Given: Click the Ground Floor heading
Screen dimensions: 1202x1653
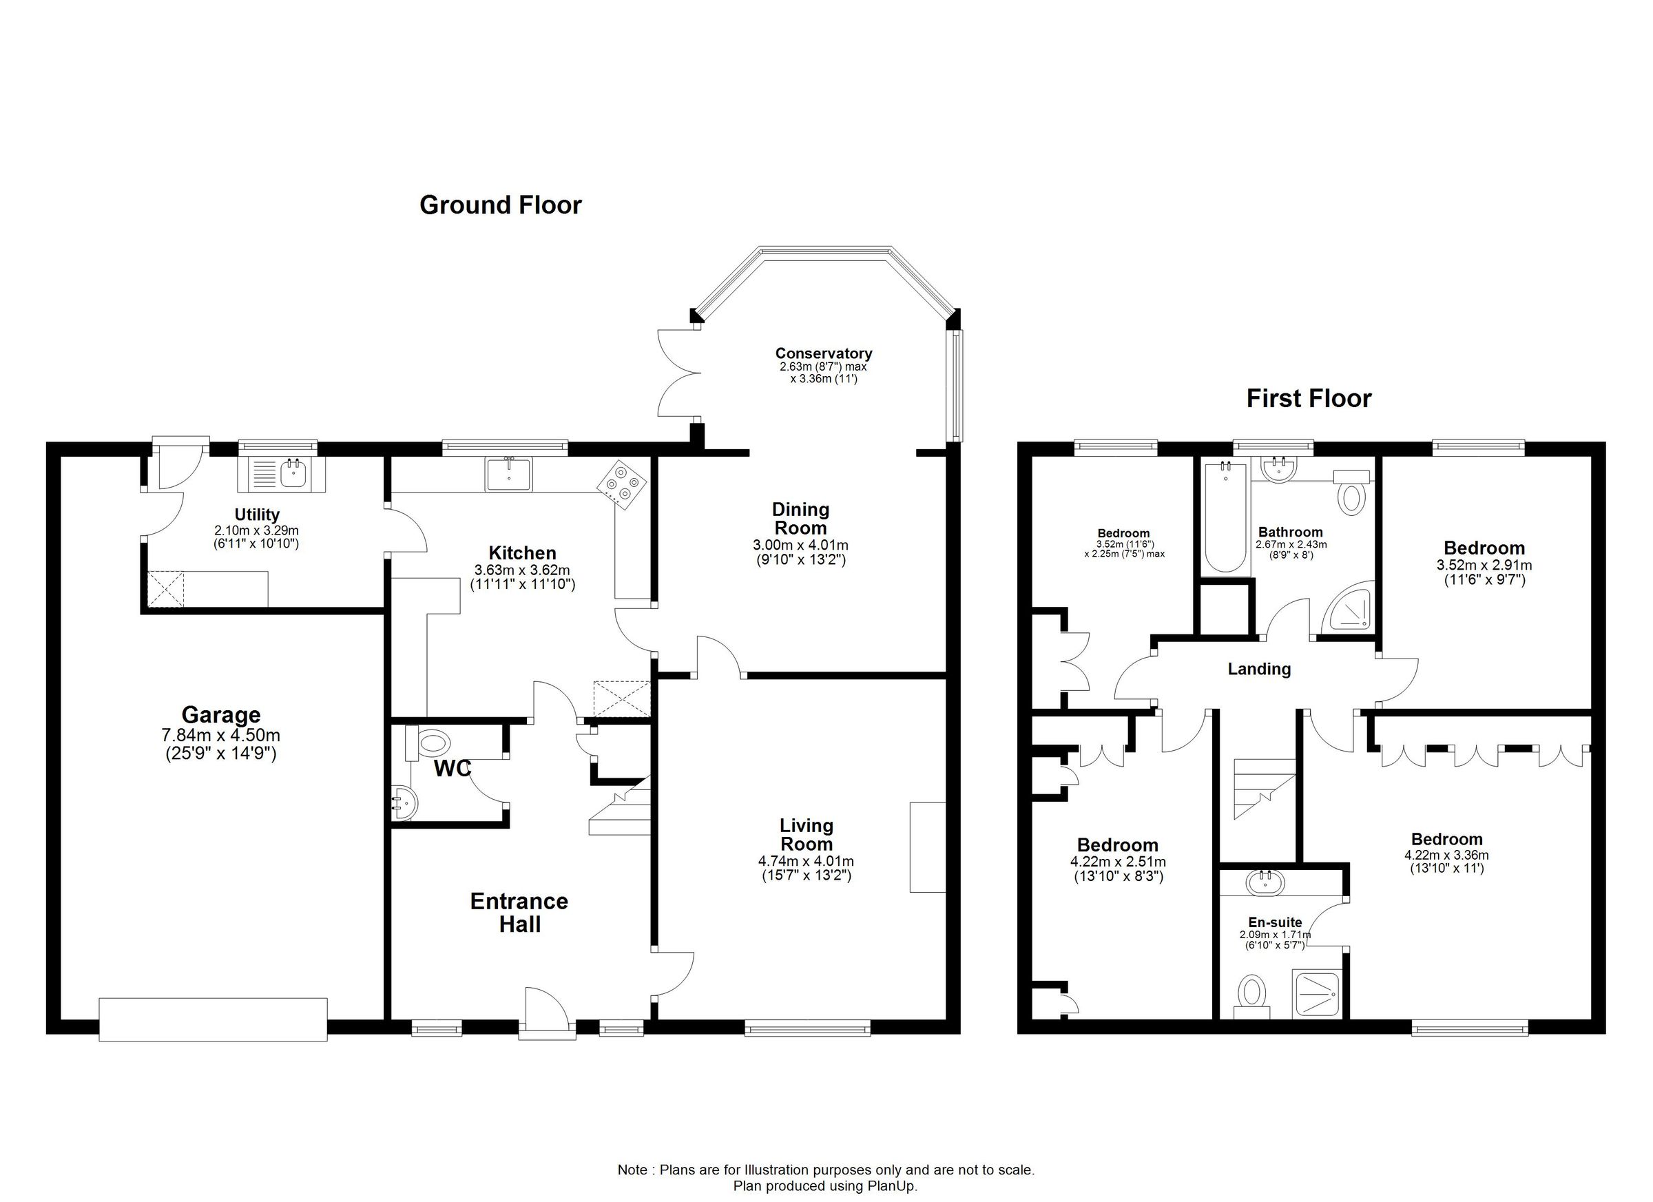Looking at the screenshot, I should [500, 205].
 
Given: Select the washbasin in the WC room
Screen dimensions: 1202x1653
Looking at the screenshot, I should [402, 803].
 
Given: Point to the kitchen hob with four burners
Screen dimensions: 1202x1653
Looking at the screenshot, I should [622, 484].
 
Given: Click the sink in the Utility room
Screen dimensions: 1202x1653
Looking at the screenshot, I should [293, 475].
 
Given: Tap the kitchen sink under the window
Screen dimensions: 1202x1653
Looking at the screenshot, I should [509, 474].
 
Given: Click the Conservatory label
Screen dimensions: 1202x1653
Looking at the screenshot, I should [823, 353].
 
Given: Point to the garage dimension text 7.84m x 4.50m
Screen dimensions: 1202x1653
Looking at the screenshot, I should [221, 736].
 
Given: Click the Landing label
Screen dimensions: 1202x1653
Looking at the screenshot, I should [1259, 669].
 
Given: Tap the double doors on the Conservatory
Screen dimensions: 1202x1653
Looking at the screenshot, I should [678, 373].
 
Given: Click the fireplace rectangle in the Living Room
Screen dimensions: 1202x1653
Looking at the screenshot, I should [927, 847].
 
